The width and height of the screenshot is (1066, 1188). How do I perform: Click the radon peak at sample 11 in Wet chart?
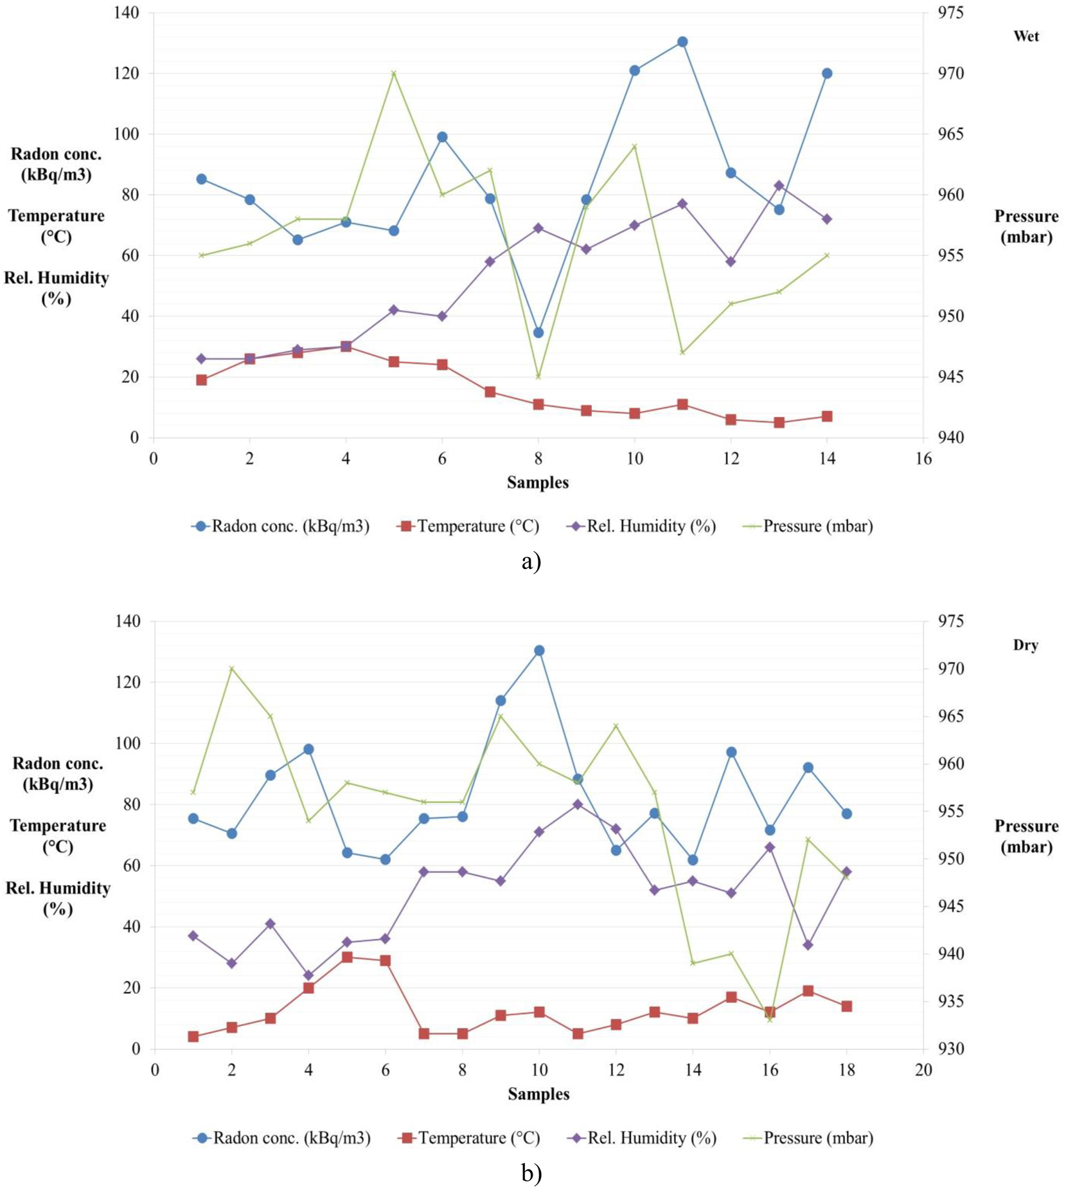tap(682, 42)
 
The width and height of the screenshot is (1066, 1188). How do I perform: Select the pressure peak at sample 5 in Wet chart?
tap(394, 73)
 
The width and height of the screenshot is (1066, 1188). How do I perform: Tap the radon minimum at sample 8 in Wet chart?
tap(538, 332)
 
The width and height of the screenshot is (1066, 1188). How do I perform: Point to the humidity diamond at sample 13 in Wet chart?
tap(779, 186)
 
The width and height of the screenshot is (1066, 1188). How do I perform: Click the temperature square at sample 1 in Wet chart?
tap(201, 380)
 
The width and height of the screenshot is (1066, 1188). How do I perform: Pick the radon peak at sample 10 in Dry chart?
tap(539, 651)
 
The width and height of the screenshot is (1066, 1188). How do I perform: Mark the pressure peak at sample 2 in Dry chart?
tap(232, 668)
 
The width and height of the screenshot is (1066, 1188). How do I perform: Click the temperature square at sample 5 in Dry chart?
tap(347, 957)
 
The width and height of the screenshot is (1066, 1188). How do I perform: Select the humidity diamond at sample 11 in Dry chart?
tap(578, 804)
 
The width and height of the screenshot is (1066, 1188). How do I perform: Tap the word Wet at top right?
tap(1026, 36)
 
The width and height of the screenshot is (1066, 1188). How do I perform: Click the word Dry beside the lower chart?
tap(1025, 645)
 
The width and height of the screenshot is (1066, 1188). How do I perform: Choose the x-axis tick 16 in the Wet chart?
tap(923, 459)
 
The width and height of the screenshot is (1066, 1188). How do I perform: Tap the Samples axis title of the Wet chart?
tap(538, 483)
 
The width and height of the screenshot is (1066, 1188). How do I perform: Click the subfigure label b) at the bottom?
tap(532, 1174)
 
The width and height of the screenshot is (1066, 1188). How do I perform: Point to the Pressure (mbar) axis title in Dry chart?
tap(1026, 836)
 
